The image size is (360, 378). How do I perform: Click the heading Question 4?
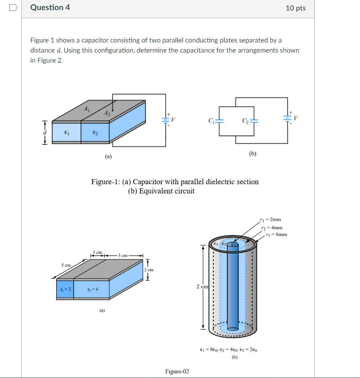[x=50, y=8]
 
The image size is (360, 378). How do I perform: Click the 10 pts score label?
[x=295, y=8]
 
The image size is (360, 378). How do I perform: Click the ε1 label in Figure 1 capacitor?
[x=66, y=132]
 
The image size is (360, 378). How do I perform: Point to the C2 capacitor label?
[x=245, y=122]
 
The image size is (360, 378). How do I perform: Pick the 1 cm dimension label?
[x=97, y=252]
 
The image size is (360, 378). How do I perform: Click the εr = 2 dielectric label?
[x=65, y=289]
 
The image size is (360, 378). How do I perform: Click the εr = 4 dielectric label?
[x=92, y=289]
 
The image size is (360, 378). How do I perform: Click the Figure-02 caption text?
[x=177, y=371]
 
